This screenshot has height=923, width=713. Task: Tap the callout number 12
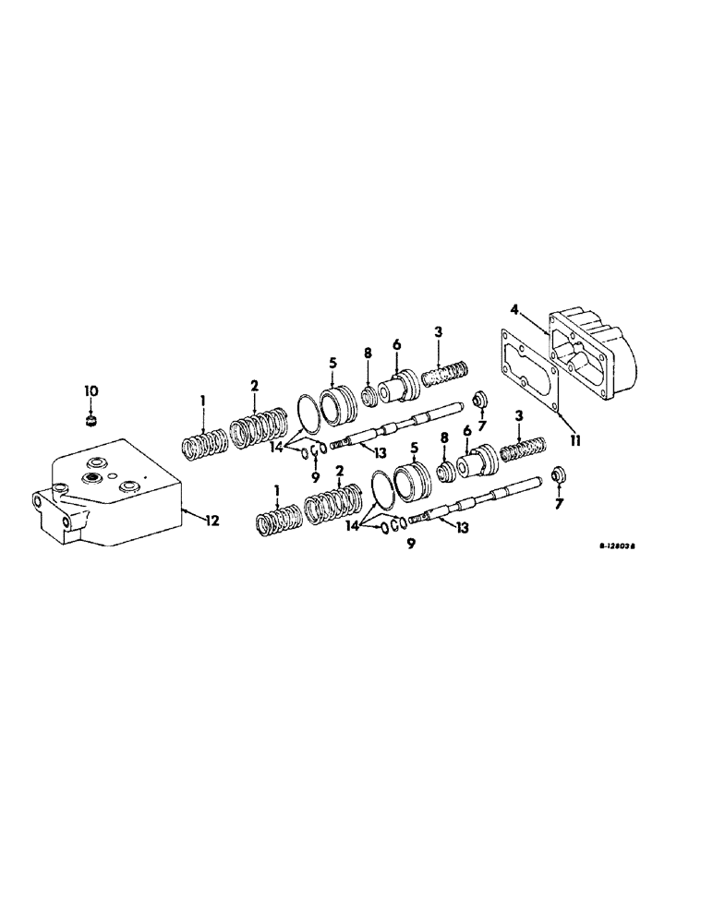[x=211, y=521]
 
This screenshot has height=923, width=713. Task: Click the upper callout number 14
[x=274, y=449]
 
